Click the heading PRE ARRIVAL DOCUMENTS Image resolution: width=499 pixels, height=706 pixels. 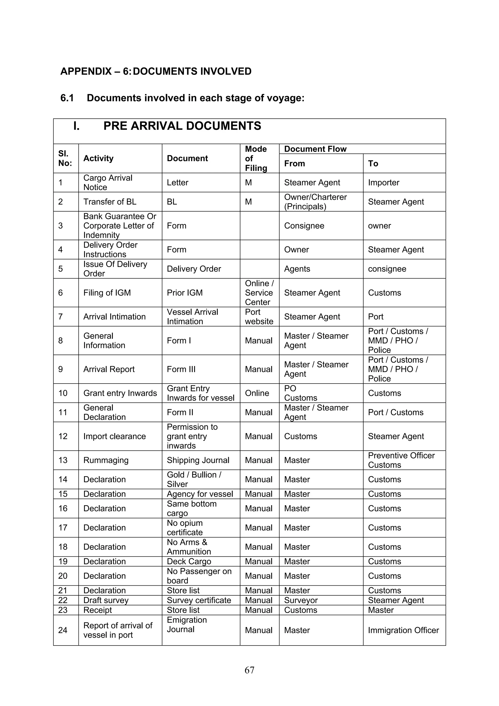182,126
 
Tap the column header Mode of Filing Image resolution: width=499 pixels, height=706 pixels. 256,158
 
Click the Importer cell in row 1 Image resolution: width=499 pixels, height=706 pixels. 384,183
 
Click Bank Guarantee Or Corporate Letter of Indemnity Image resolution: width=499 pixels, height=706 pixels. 120,226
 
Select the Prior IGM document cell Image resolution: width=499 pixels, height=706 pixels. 184,293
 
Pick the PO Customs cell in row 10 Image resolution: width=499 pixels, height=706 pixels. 300,393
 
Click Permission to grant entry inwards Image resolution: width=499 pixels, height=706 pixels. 192,436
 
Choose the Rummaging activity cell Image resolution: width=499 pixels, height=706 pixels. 106,460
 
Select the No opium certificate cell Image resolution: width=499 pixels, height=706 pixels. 184,528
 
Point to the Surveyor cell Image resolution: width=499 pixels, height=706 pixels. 301,600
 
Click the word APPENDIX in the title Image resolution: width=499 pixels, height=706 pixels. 86,71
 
